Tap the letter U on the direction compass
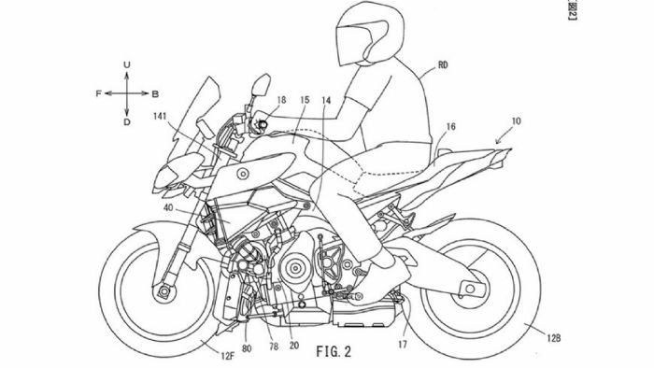click(x=126, y=64)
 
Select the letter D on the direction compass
click(x=126, y=121)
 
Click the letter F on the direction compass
click(x=99, y=94)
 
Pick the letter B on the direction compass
click(x=154, y=94)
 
